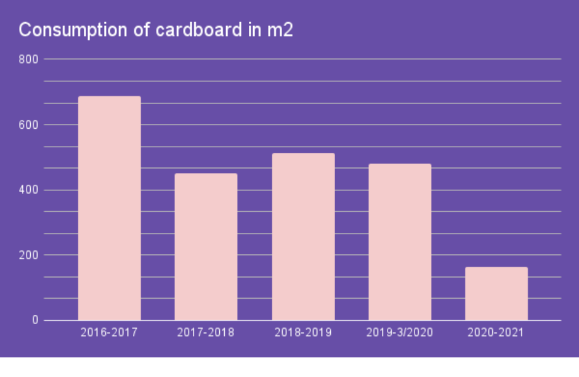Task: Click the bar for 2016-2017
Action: (109, 208)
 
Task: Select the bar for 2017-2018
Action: (206, 246)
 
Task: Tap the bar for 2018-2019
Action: (303, 237)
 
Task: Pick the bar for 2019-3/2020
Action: (400, 241)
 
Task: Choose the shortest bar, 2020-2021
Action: (496, 293)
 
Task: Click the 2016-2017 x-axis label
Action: (109, 333)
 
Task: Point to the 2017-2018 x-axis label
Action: (206, 333)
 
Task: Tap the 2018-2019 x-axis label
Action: (303, 333)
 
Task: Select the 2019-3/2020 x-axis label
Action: (400, 333)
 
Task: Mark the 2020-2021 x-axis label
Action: (496, 333)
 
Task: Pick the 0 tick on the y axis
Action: (36, 320)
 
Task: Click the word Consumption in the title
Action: (67, 30)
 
